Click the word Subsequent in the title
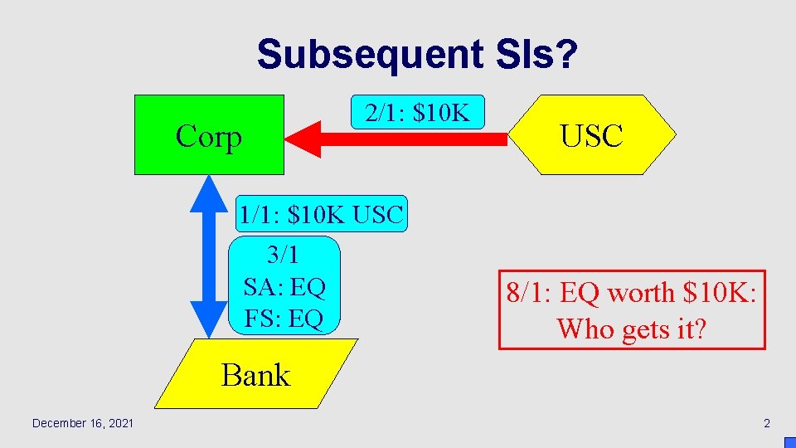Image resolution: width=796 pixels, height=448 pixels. (x=368, y=55)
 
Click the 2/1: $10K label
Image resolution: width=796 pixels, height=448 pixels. (x=417, y=113)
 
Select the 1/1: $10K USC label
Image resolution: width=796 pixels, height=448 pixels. (x=320, y=215)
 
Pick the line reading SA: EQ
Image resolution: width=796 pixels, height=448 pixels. (x=284, y=287)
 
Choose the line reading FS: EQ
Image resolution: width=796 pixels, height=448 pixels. (x=284, y=319)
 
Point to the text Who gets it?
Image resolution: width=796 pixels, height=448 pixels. (x=631, y=329)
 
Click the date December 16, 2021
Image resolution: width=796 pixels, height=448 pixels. (x=82, y=424)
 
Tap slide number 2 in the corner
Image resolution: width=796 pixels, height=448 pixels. (x=767, y=424)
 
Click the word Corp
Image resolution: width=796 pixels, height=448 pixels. (x=209, y=136)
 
